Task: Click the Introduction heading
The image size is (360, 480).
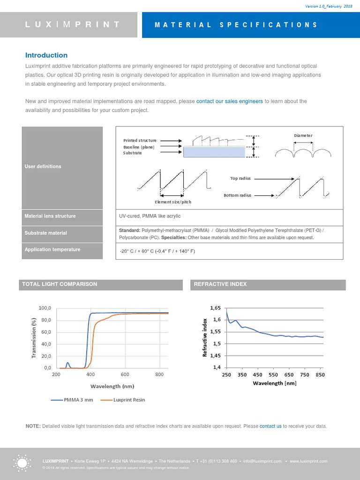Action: click(46, 55)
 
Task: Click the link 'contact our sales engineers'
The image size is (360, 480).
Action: click(229, 101)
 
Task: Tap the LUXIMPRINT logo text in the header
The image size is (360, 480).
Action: click(72, 24)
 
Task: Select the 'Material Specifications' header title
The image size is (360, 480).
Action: click(236, 25)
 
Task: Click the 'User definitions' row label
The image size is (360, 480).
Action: click(43, 166)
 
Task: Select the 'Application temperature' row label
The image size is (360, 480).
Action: click(52, 249)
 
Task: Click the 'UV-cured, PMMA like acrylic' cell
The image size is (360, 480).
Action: click(150, 216)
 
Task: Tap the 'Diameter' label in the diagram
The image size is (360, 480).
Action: click(303, 135)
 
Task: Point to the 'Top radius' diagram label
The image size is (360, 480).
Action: click(240, 178)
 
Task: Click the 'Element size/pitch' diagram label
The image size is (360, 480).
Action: click(173, 202)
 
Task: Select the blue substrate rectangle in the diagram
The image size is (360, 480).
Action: click(214, 152)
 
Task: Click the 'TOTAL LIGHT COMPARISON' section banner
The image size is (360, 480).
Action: click(60, 284)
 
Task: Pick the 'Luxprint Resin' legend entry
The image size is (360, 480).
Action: click(129, 400)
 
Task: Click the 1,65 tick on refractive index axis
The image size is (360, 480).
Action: click(215, 308)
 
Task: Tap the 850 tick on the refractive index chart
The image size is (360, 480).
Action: click(320, 375)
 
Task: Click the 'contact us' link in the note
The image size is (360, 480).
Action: click(270, 426)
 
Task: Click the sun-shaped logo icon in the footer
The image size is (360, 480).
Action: click(22, 463)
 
